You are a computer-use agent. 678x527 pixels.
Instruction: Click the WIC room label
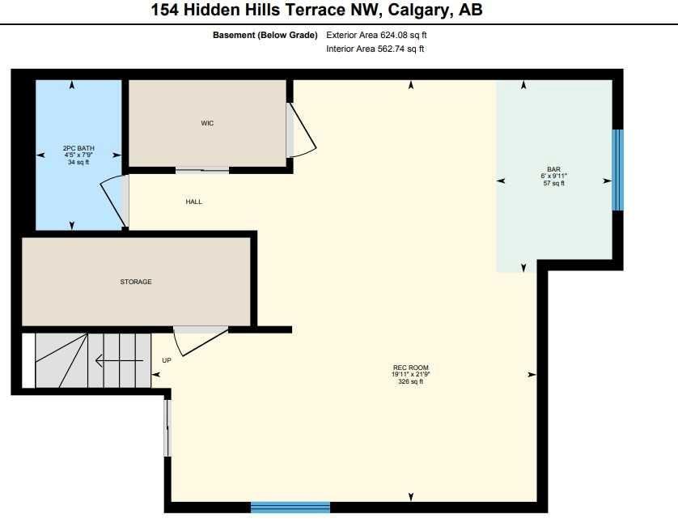[207, 123]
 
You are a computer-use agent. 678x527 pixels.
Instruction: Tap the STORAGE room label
[136, 282]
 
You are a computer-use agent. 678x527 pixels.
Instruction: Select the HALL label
[193, 202]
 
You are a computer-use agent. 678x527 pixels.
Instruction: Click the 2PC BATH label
[78, 148]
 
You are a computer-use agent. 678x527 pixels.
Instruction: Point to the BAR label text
[554, 169]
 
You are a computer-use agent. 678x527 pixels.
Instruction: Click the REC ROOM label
[411, 368]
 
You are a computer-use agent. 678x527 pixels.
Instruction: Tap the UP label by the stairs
[167, 360]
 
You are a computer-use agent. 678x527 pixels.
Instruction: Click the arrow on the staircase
[120, 360]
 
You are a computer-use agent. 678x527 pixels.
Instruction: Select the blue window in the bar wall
[617, 170]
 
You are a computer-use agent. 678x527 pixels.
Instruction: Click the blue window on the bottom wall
[290, 507]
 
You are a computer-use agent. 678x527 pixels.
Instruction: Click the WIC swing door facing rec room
[302, 130]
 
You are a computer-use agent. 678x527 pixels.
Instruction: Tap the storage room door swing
[200, 341]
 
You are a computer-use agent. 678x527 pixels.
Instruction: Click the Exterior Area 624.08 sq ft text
[376, 35]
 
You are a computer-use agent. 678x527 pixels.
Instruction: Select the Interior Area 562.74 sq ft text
[375, 49]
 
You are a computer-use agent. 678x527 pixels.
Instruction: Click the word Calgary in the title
[418, 10]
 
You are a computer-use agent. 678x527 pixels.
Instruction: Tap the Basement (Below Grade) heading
[265, 35]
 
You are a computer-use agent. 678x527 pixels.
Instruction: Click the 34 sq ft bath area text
[78, 162]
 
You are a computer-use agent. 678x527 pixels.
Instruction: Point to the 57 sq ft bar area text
[554, 183]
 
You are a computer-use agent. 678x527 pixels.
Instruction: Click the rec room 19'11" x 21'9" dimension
[411, 374]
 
